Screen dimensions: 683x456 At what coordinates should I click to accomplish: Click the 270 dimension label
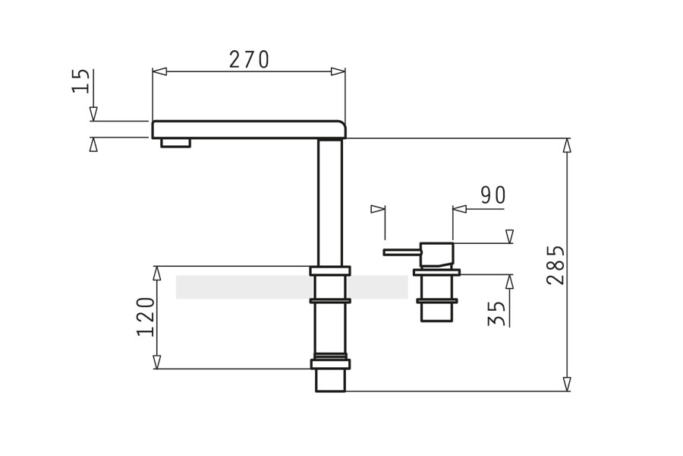tap(249, 59)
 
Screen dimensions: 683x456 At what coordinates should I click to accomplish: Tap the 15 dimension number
tap(81, 81)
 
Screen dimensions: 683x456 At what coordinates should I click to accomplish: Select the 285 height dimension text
tap(556, 265)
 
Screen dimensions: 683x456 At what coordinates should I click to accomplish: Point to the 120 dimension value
tap(146, 317)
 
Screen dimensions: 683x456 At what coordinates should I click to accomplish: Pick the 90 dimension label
tap(493, 195)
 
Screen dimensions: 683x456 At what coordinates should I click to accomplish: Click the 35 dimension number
tap(497, 313)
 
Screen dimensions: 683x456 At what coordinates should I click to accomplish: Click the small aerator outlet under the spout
tap(175, 143)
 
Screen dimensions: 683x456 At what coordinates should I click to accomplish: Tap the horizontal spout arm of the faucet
tap(249, 130)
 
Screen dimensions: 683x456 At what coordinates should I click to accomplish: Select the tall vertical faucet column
tap(330, 202)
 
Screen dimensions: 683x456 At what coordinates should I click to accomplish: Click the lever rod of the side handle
tap(402, 252)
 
